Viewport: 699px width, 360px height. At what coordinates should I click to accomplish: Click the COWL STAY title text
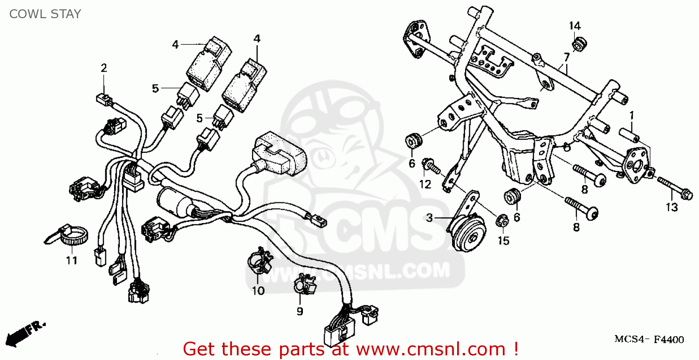coord(45,14)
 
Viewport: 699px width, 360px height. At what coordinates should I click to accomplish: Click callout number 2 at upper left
coord(104,68)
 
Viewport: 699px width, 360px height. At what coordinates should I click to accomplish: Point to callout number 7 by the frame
coord(566,58)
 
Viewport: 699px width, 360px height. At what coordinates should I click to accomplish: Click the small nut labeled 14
coord(579,44)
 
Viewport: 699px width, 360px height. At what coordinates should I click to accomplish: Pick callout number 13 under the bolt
coord(672,208)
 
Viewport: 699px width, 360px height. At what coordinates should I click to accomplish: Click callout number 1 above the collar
coord(632,115)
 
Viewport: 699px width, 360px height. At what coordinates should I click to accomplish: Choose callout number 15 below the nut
coord(503,241)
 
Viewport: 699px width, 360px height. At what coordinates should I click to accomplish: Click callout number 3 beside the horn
coord(429,217)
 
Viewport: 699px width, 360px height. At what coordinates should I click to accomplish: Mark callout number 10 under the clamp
coord(258,291)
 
